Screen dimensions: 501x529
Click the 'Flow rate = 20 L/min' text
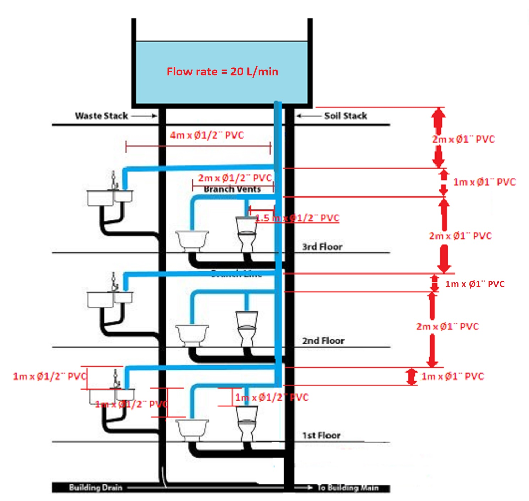point(222,72)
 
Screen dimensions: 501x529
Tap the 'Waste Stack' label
point(101,116)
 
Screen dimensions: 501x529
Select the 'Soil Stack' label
point(346,116)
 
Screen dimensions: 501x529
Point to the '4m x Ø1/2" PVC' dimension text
point(207,135)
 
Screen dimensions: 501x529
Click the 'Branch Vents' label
point(232,189)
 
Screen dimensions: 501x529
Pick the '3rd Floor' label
point(322,247)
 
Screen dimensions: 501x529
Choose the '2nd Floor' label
point(323,341)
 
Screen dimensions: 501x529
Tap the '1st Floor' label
point(321,435)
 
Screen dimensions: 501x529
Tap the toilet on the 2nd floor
point(247,328)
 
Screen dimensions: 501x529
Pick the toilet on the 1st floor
point(247,422)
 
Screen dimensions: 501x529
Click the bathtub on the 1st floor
point(193,429)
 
